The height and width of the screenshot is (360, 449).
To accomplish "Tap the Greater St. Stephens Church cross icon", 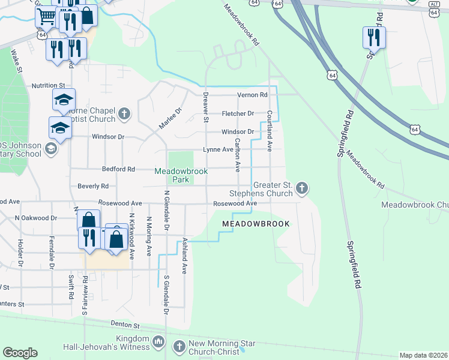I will click(302, 189).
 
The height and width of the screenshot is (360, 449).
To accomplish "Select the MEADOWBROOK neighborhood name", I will click(256, 224).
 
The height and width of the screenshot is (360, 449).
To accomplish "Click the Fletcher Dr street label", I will click(238, 113).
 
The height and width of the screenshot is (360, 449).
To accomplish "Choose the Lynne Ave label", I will click(218, 150).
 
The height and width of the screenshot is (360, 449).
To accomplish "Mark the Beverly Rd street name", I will click(92, 187).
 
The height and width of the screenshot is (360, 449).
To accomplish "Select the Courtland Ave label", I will click(270, 130).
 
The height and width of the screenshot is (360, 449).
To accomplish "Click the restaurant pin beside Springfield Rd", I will click(374, 37).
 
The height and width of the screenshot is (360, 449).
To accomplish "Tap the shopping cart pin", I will click(46, 18).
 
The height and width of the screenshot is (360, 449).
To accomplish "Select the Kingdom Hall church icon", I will click(158, 342).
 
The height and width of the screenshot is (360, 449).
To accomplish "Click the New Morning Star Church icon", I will click(179, 346).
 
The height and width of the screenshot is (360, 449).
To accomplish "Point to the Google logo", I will click(20, 353).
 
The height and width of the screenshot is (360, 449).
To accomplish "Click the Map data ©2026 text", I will click(423, 355).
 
